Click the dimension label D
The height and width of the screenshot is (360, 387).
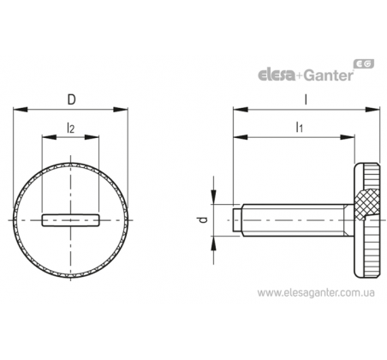[x=71, y=99]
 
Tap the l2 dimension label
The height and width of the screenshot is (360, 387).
[x=70, y=128]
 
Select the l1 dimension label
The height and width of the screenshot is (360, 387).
[x=299, y=127]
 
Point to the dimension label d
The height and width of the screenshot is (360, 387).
[x=203, y=220]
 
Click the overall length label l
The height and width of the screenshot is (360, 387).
[x=306, y=99]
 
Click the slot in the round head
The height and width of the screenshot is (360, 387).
[x=71, y=220]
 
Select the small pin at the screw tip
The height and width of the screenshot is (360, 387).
[x=237, y=220]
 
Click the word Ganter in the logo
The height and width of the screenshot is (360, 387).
[x=328, y=75]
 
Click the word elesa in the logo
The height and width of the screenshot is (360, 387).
[x=277, y=75]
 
